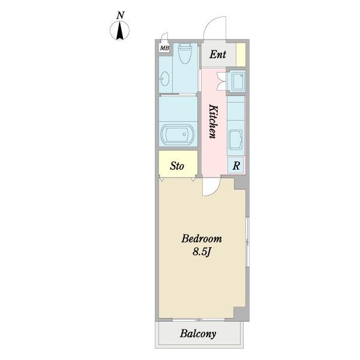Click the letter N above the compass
pyautogui.click(x=121, y=16)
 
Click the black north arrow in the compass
pyautogui.click(x=119, y=31)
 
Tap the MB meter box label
pyautogui.click(x=164, y=48)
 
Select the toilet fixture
pyautogui.click(x=185, y=53)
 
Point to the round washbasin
pyautogui.click(x=164, y=79)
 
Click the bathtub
pyautogui.click(x=177, y=134)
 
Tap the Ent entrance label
pyautogui.click(x=218, y=55)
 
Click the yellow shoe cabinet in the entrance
pyautogui.click(x=241, y=55)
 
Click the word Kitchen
pyautogui.click(x=213, y=121)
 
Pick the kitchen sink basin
pyautogui.click(x=236, y=140)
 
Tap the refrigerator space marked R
pyautogui.click(x=236, y=166)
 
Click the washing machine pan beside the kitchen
pyautogui.click(x=236, y=81)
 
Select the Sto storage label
pyautogui.click(x=177, y=166)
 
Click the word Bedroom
pyautogui.click(x=202, y=239)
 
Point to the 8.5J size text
pyautogui.click(x=202, y=252)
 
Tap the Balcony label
pyautogui.click(x=198, y=334)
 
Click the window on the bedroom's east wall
pyautogui.click(x=247, y=242)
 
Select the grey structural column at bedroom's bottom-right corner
pyautogui.click(x=242, y=314)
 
